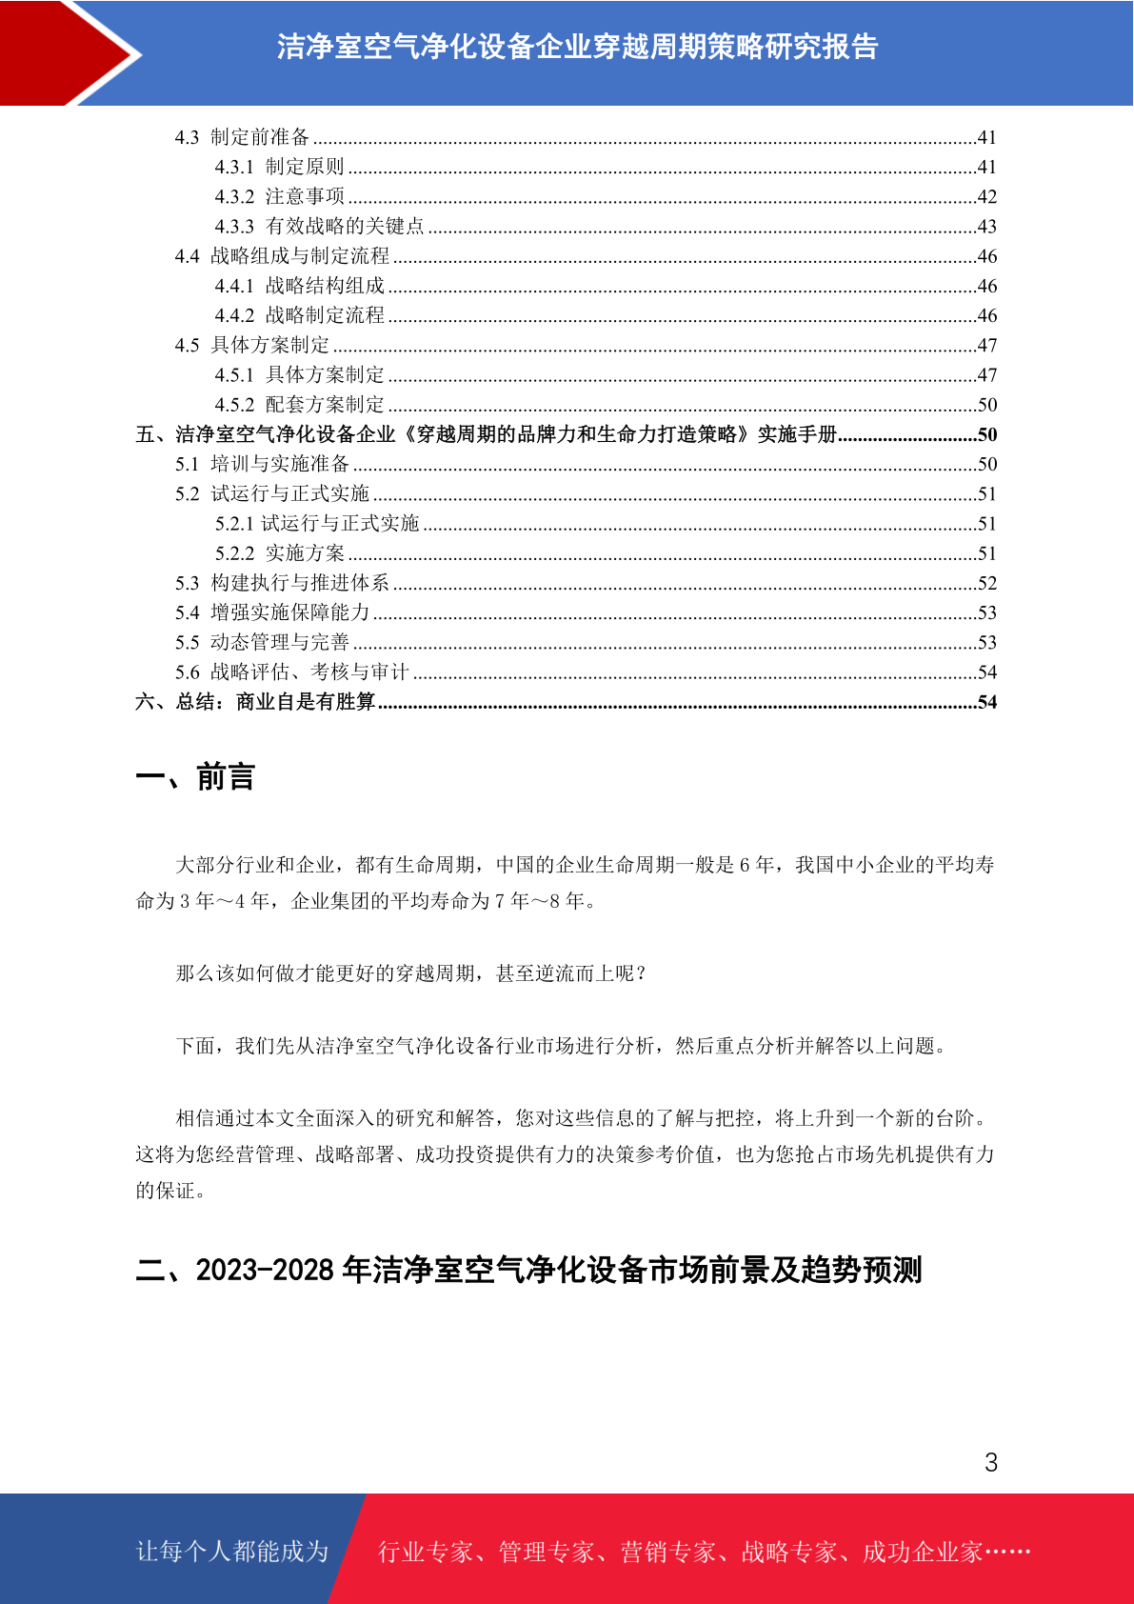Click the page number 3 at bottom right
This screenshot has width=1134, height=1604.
tap(990, 1462)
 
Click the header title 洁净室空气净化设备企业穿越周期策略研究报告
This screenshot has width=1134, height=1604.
tap(577, 47)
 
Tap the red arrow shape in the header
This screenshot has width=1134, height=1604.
tap(67, 52)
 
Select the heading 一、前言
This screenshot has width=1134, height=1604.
tap(195, 777)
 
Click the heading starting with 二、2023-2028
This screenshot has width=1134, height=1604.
tap(528, 1270)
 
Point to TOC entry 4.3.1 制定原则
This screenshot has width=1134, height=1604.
tap(279, 167)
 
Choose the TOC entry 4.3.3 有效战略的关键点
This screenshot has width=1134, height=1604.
tap(319, 227)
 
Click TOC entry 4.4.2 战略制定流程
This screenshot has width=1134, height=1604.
tap(299, 315)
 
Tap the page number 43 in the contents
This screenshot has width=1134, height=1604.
tap(986, 227)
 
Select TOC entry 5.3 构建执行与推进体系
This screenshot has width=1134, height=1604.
tap(282, 583)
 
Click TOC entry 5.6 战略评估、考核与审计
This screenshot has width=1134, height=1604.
tap(291, 672)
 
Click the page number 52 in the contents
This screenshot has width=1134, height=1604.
tap(986, 583)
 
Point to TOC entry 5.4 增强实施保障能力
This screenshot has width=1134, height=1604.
tap(271, 612)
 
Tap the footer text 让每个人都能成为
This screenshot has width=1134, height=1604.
tap(232, 1552)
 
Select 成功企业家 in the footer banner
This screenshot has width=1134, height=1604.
tap(922, 1553)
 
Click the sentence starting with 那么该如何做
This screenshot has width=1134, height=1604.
tap(411, 973)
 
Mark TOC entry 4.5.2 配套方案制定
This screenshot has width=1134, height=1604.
tap(299, 405)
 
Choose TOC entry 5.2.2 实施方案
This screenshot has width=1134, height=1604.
tap(279, 553)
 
